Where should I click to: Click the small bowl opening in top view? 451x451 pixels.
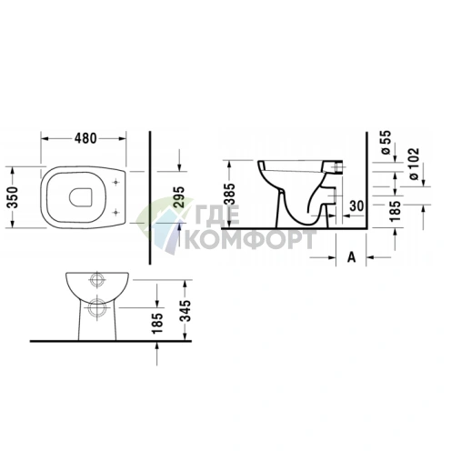pos(80,194)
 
